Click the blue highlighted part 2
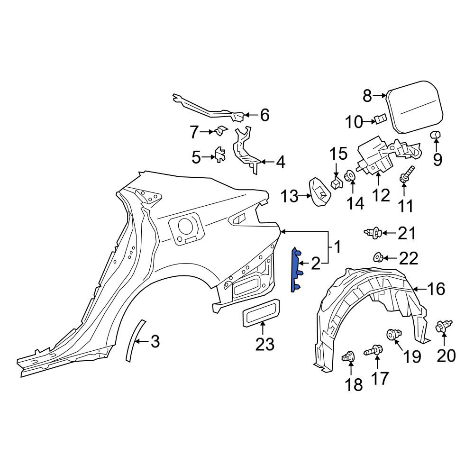[x=295, y=270]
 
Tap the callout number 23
[x=264, y=344]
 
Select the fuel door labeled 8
[x=415, y=106]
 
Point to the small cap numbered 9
[x=436, y=136]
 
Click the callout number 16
[x=436, y=289]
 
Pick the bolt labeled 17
[x=374, y=352]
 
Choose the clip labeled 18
[x=348, y=357]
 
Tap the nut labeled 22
[x=378, y=258]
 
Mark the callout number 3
[x=155, y=342]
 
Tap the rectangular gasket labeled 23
[x=261, y=313]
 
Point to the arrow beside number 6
[x=252, y=115]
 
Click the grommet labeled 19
[x=394, y=334]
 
